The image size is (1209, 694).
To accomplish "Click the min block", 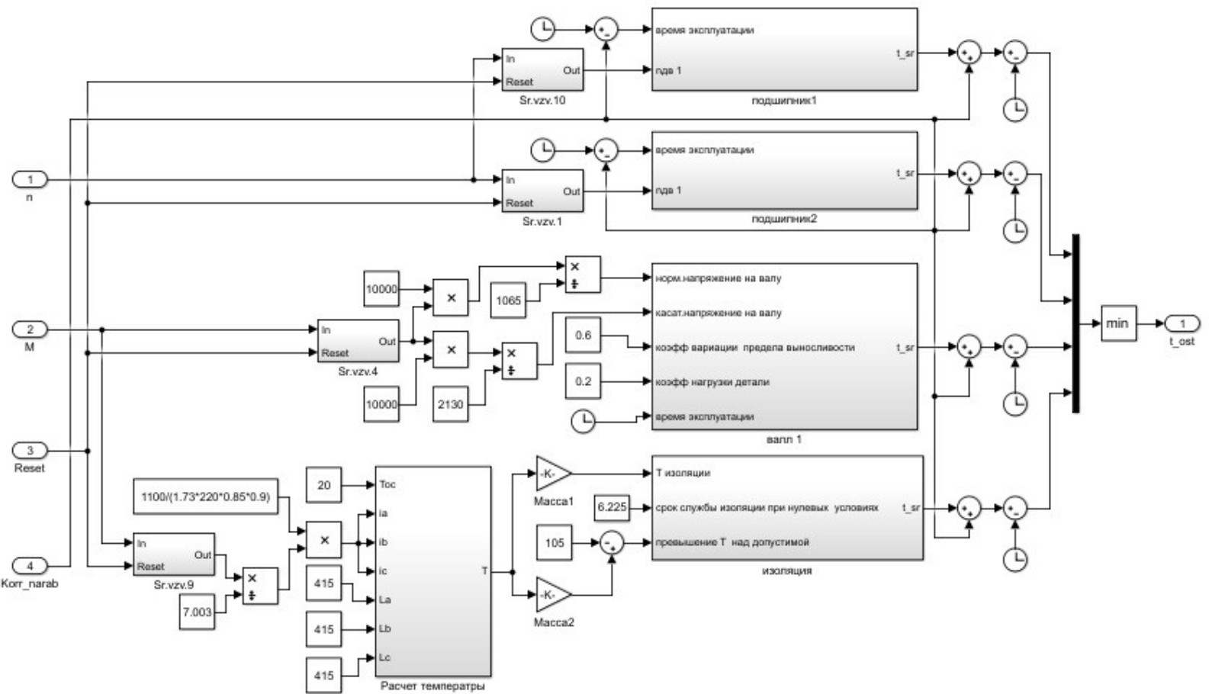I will click(1118, 323).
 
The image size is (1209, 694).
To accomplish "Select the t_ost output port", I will click(1182, 324).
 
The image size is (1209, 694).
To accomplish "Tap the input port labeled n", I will click(31, 180).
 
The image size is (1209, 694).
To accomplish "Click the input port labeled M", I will click(31, 329).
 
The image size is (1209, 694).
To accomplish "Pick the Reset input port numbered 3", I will click(31, 451).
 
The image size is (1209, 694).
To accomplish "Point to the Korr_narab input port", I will click(31, 566).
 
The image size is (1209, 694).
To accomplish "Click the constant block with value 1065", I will click(508, 300).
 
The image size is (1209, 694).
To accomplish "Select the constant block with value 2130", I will click(450, 404).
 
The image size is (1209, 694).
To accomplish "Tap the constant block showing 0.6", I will click(583, 336).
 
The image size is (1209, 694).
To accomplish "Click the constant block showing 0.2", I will click(583, 381).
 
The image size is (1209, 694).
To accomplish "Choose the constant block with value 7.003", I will click(197, 612).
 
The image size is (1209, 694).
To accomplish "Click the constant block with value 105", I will click(555, 543).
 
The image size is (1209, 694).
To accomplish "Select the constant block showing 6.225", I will click(612, 507).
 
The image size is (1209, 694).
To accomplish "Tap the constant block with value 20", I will click(323, 485).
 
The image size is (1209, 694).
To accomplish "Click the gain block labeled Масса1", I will click(552, 474).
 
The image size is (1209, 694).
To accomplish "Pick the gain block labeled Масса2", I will click(552, 594).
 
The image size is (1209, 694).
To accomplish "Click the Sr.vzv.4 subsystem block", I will click(358, 341).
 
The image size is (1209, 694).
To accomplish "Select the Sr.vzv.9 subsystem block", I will click(173, 554).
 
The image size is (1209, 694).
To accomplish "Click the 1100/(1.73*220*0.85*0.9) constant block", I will click(205, 497).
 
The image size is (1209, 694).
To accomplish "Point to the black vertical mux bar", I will click(1076, 323).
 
